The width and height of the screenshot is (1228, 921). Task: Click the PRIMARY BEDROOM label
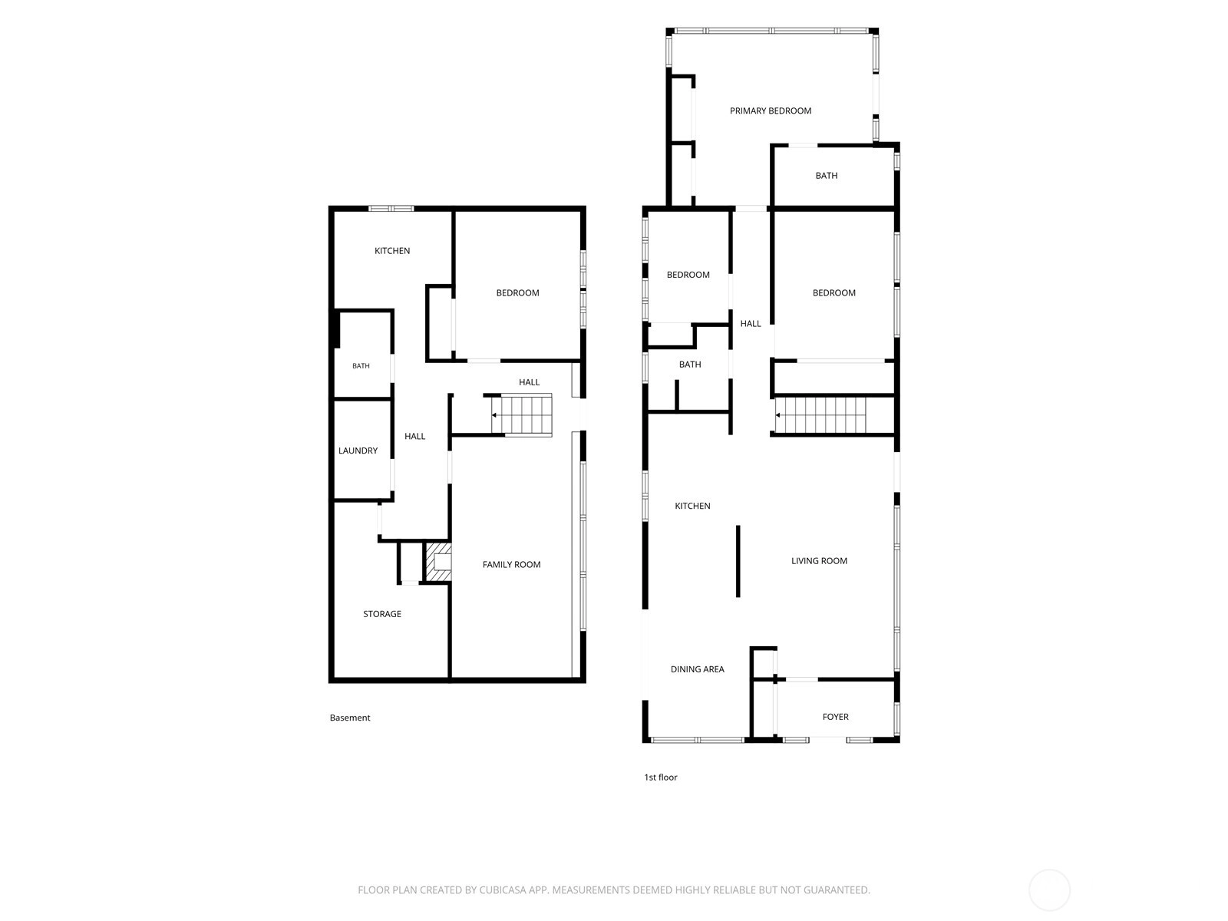pos(770,111)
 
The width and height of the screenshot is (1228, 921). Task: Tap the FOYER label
pos(835,716)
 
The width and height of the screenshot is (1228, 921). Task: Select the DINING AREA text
pos(697,668)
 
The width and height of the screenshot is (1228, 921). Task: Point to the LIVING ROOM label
pos(818,560)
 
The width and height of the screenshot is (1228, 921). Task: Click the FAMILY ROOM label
pos(511,564)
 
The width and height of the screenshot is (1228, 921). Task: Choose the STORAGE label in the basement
pos(382,613)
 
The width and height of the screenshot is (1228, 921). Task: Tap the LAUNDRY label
pos(358,451)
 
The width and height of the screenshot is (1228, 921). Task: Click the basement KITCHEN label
pos(392,250)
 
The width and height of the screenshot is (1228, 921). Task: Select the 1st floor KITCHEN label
pos(692,506)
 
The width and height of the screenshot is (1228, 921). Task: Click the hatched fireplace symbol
pos(438,562)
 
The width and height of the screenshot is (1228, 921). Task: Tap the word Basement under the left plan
pos(350,718)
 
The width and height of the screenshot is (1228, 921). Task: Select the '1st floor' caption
pos(660,777)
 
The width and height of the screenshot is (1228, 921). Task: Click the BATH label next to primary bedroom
pos(827,176)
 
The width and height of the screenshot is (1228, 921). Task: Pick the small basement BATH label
pos(361,366)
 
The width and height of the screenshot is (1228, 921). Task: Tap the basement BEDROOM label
pos(517,292)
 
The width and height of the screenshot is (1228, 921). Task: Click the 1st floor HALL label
pos(750,323)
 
